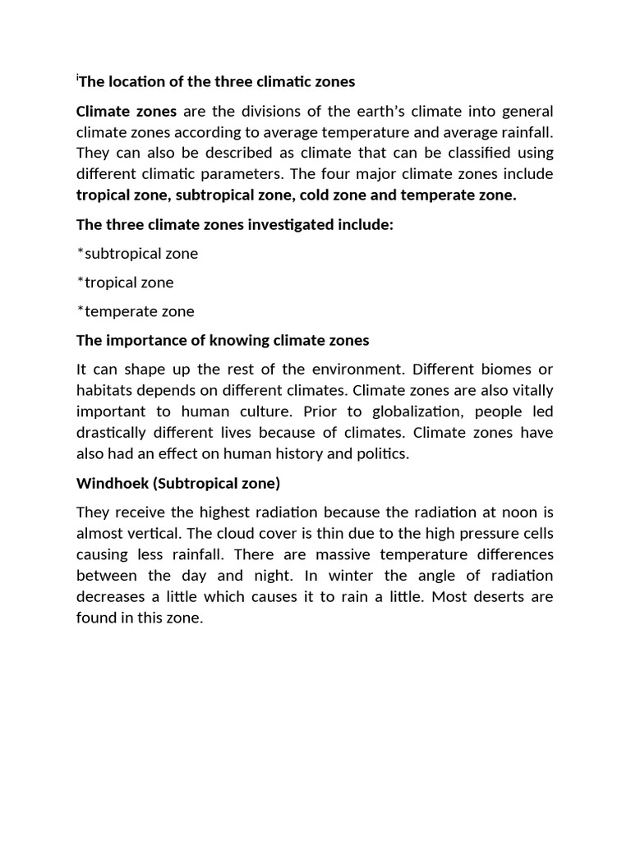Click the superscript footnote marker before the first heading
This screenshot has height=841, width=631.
point(77,78)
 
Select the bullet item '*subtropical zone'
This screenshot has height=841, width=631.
point(137,253)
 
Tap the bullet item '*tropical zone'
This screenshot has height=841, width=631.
point(125,282)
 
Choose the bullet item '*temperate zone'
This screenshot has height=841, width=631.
point(136,311)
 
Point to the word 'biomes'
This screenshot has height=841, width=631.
point(504,369)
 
